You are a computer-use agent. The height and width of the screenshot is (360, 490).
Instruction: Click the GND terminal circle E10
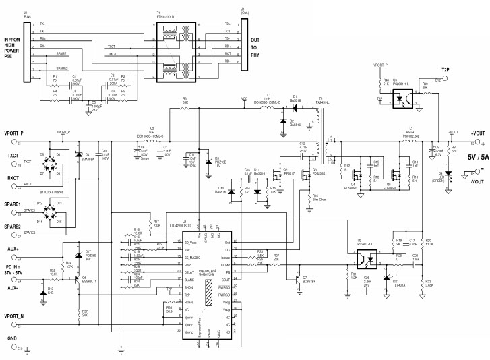(x=20, y=349)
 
